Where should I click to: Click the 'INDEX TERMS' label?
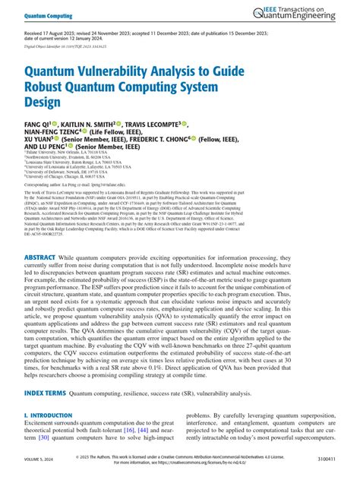[43, 393]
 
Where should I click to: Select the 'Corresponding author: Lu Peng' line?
[83, 205]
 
